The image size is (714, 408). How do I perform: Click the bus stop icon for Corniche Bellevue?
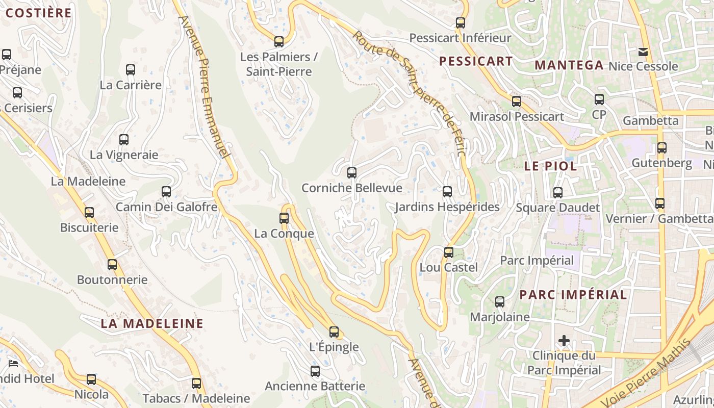click(x=351, y=173)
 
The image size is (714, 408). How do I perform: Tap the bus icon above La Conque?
click(x=284, y=218)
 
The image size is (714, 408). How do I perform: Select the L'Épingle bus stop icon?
click(x=334, y=332)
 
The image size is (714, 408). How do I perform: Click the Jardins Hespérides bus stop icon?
click(x=447, y=192)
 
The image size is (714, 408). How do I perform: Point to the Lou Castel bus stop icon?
click(x=449, y=252)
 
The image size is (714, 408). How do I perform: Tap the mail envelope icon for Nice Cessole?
click(x=643, y=52)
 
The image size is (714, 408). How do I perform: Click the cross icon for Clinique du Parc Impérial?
click(x=564, y=340)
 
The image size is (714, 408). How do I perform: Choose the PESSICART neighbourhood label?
click(x=476, y=61)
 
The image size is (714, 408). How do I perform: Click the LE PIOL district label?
click(x=551, y=166)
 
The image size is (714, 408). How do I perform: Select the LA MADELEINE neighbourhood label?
click(x=152, y=323)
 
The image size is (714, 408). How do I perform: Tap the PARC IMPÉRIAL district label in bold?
click(x=573, y=295)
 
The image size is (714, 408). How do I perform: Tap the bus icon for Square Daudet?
click(x=558, y=193)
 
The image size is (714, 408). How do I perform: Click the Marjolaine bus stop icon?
click(x=500, y=302)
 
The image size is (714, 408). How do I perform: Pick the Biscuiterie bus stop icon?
click(x=89, y=213)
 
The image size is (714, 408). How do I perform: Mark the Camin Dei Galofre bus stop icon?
click(x=166, y=192)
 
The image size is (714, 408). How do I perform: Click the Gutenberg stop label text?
click(x=662, y=163)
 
